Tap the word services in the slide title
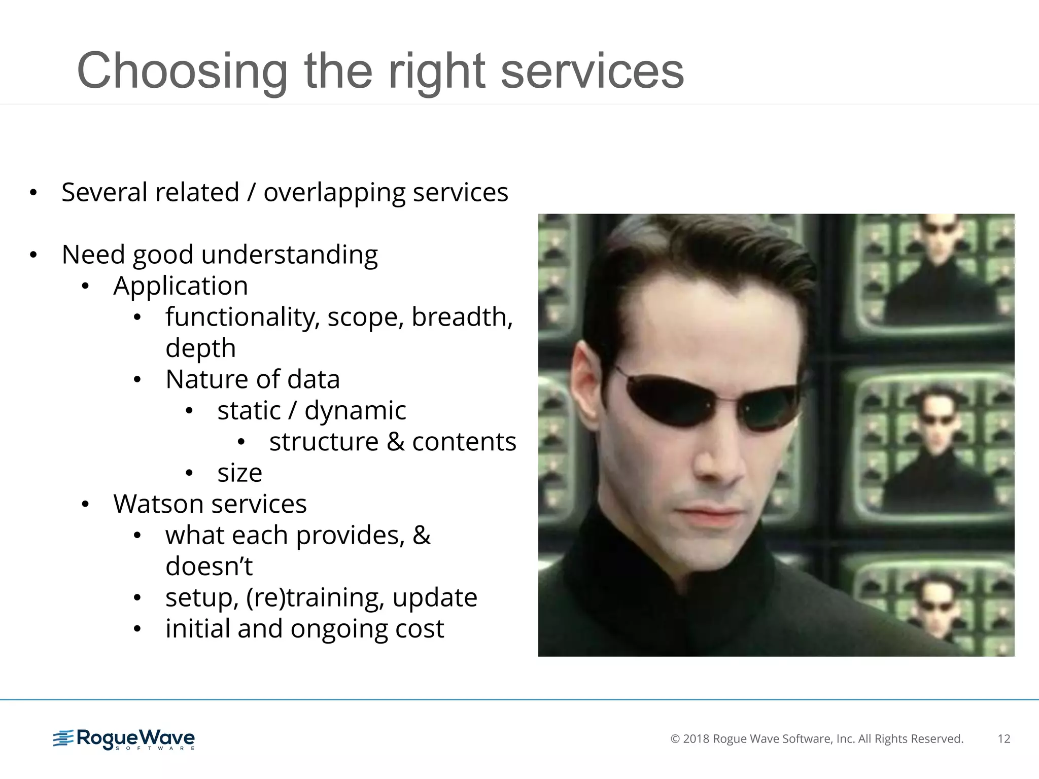pyautogui.click(x=592, y=72)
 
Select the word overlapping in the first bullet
pyautogui.click(x=334, y=193)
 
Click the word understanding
pyautogui.click(x=289, y=255)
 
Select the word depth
pyautogui.click(x=200, y=349)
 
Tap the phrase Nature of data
pyautogui.click(x=252, y=380)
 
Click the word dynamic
pyautogui.click(x=355, y=411)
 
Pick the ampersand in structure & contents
pyautogui.click(x=395, y=442)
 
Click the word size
pyautogui.click(x=239, y=473)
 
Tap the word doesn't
pyautogui.click(x=209, y=566)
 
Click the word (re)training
pyautogui.click(x=315, y=598)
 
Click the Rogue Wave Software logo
pyautogui.click(x=124, y=739)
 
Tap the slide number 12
pyautogui.click(x=1003, y=739)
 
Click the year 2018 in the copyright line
pyautogui.click(x=696, y=739)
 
